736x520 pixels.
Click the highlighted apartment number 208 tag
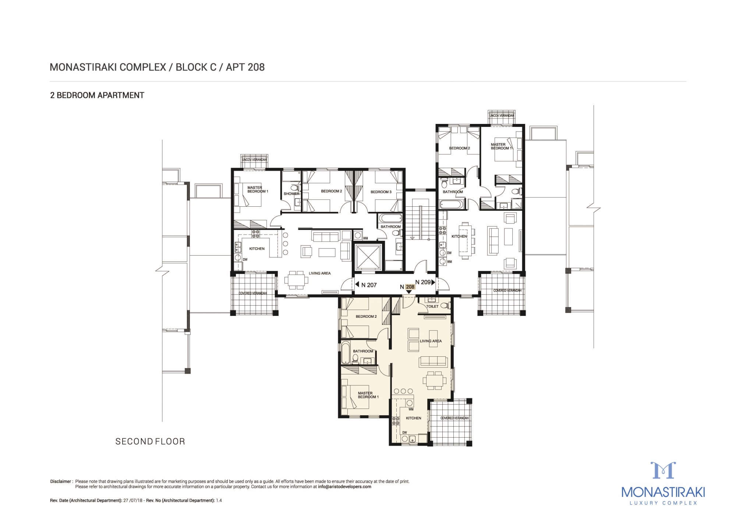pyautogui.click(x=410, y=287)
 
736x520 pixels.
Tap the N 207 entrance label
pyautogui.click(x=369, y=285)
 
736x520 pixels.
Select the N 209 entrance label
pyautogui.click(x=422, y=282)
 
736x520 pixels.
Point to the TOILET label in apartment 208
pyautogui.click(x=432, y=306)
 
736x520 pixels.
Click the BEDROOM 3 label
pyautogui.click(x=381, y=192)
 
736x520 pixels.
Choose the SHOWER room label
pyautogui.click(x=291, y=194)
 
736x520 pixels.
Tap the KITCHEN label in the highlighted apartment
pyautogui.click(x=413, y=418)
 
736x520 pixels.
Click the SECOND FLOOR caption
pyautogui.click(x=150, y=441)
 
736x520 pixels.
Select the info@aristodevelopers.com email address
pyautogui.click(x=345, y=487)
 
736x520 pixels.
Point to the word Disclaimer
pyautogui.click(x=60, y=481)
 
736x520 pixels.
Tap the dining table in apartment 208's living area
pyautogui.click(x=435, y=380)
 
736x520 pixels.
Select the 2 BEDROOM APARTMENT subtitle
pyautogui.click(x=97, y=95)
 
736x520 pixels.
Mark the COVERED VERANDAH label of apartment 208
pyautogui.click(x=454, y=419)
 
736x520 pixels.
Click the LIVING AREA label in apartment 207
pyautogui.click(x=319, y=273)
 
